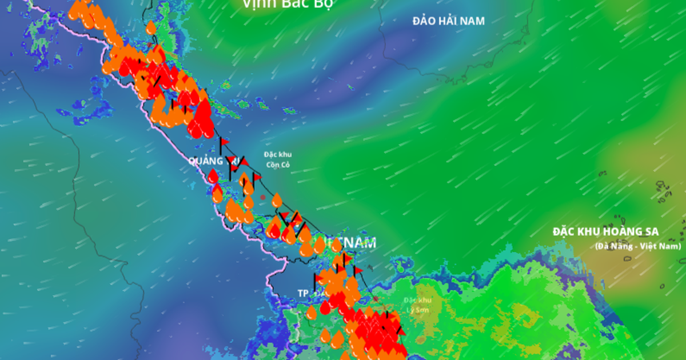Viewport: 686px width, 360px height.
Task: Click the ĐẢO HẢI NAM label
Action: [449, 21]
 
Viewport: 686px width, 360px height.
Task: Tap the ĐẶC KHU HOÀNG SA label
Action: [605, 232]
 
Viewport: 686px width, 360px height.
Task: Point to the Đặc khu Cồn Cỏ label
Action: [278, 159]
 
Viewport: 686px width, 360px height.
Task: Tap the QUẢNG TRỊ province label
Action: [209, 161]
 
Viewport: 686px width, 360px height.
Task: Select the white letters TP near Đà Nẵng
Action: [303, 293]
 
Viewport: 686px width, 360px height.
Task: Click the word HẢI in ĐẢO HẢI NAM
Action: [449, 21]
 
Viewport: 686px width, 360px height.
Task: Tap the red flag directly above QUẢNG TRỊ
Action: [224, 141]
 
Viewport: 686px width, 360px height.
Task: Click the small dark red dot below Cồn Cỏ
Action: [263, 197]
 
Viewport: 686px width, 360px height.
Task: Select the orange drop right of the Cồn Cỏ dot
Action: [277, 200]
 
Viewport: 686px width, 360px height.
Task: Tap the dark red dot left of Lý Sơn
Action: [376, 299]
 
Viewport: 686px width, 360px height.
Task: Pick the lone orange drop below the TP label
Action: [311, 313]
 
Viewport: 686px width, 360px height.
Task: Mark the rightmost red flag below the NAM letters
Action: [358, 270]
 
